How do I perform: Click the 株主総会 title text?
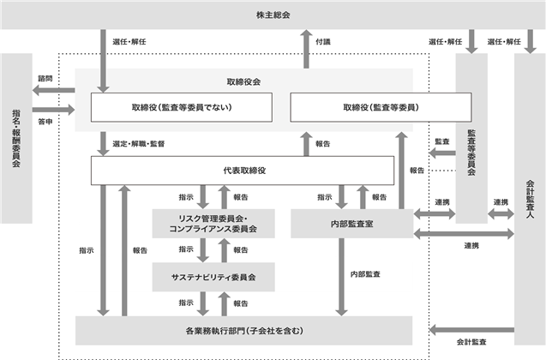click(x=273, y=15)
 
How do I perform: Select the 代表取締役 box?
click(x=243, y=171)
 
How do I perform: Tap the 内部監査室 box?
click(x=352, y=224)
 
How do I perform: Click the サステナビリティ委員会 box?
click(x=213, y=277)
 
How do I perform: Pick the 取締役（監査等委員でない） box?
click(x=182, y=107)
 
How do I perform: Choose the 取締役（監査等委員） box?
click(x=381, y=107)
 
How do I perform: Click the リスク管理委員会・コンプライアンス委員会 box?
click(x=213, y=224)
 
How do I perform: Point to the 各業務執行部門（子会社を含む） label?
click(x=244, y=331)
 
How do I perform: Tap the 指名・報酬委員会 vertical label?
click(x=16, y=138)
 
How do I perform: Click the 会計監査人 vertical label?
click(x=530, y=199)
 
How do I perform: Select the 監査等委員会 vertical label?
click(x=471, y=153)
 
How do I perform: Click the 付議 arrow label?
click(x=323, y=42)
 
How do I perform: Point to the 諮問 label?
click(x=45, y=78)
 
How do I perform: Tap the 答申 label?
click(x=45, y=122)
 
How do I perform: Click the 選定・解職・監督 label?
click(x=139, y=144)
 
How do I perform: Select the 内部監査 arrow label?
click(x=365, y=274)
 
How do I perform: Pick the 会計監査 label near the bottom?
click(x=471, y=342)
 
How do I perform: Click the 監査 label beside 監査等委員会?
click(x=442, y=141)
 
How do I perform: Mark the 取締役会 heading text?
click(x=243, y=81)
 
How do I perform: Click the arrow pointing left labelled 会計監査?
click(x=471, y=330)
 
